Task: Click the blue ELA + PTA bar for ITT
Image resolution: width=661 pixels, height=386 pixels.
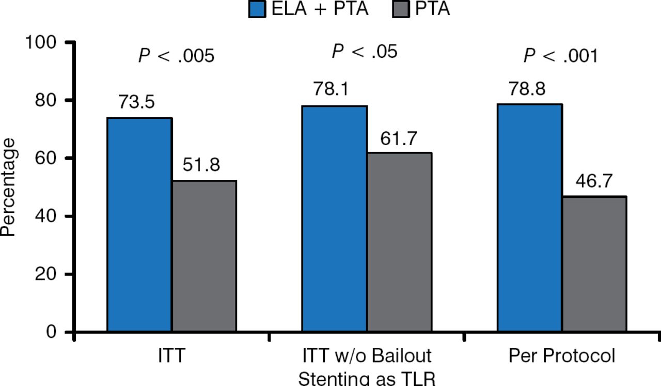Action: (139, 224)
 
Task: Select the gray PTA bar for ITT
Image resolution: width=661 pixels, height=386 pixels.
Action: (204, 256)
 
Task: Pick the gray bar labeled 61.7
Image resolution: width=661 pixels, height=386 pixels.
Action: (399, 241)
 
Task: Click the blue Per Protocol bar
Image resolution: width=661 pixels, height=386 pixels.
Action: (529, 217)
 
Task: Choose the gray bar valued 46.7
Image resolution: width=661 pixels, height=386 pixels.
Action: (594, 264)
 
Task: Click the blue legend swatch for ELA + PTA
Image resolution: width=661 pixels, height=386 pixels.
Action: (257, 9)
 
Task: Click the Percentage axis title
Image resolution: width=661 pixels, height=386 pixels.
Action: (8, 186)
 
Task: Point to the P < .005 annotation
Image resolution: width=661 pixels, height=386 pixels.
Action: (176, 56)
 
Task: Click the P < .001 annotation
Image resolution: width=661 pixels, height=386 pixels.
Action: (561, 56)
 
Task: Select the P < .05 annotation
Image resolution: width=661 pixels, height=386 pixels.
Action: (365, 52)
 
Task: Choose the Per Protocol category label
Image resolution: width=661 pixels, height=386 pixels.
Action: (561, 357)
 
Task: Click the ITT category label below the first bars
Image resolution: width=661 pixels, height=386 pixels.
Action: (171, 357)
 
